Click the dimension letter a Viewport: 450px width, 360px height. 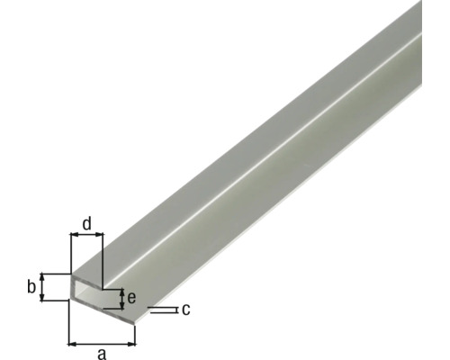[x=102, y=354]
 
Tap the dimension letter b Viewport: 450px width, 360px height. [x=31, y=287]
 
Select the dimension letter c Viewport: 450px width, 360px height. [x=184, y=310]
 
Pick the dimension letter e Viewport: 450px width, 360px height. [x=131, y=298]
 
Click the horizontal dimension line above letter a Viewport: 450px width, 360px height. [x=102, y=343]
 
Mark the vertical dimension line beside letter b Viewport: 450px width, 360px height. [x=41, y=288]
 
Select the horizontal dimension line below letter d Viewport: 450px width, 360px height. [x=87, y=236]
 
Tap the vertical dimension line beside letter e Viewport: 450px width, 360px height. [x=121, y=298]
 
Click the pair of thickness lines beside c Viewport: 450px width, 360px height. [x=161, y=310]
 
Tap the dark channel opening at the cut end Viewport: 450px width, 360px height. [x=90, y=291]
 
